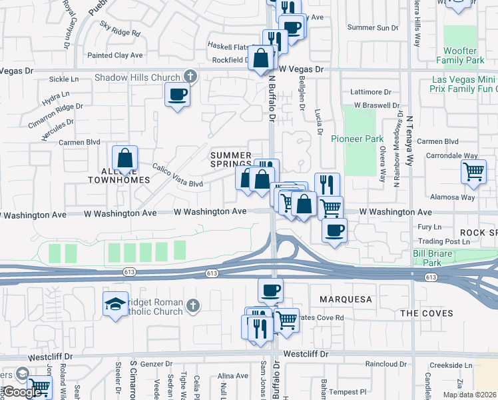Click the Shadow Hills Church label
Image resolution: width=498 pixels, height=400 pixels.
[x=137, y=77]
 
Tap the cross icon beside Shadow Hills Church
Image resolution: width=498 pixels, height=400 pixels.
[x=190, y=77]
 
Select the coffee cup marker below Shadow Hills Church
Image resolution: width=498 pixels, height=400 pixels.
[x=177, y=95]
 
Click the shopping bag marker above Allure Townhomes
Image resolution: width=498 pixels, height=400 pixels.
[x=124, y=159]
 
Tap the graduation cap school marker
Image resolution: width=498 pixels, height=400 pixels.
[x=116, y=304]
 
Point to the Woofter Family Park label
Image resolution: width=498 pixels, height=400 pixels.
[x=461, y=55]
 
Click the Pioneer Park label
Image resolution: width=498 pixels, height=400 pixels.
[x=358, y=139]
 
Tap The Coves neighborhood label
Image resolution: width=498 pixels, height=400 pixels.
[x=427, y=313]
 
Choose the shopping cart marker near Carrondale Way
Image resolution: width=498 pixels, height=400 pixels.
[x=473, y=171]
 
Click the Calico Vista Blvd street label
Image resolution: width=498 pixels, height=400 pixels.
[x=177, y=175]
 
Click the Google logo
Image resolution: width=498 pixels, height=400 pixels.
[x=21, y=392]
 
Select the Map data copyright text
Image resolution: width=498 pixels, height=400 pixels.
[x=470, y=395]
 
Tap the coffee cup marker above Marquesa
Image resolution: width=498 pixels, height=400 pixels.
[x=270, y=291]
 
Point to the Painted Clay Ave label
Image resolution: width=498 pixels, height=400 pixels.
[x=115, y=55]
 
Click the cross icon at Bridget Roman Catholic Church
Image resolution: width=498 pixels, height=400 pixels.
[x=192, y=305]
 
